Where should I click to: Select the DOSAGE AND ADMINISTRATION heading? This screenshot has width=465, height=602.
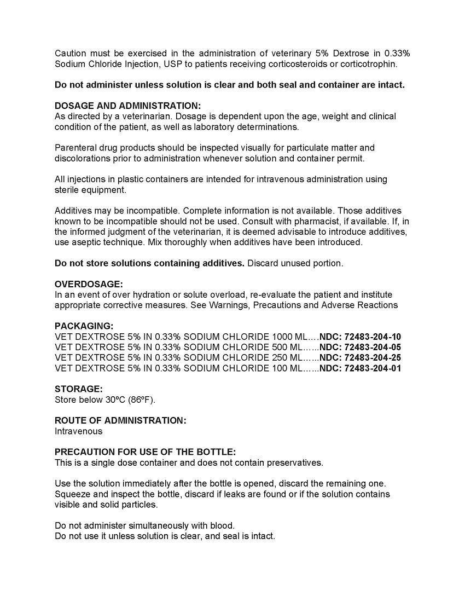pyautogui.click(x=127, y=106)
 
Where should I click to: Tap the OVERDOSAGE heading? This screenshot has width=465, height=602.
pyautogui.click(x=89, y=284)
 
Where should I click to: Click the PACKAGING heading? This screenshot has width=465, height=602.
pyautogui.click(x=84, y=326)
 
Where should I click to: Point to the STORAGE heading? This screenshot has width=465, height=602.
pyautogui.click(x=78, y=389)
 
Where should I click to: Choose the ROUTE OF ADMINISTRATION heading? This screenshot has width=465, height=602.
pyautogui.click(x=120, y=420)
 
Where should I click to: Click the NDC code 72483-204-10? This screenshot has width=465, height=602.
pyautogui.click(x=373, y=337)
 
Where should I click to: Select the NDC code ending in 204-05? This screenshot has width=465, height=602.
pyautogui.click(x=373, y=347)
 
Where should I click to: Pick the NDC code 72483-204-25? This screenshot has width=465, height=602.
pyautogui.click(x=373, y=358)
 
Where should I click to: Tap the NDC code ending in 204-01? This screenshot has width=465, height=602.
pyautogui.click(x=373, y=368)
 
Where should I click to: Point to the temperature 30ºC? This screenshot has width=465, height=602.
pyautogui.click(x=115, y=400)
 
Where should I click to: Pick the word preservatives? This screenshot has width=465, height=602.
pyautogui.click(x=295, y=462)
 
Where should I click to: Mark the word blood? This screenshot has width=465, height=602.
pyautogui.click(x=222, y=525)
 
